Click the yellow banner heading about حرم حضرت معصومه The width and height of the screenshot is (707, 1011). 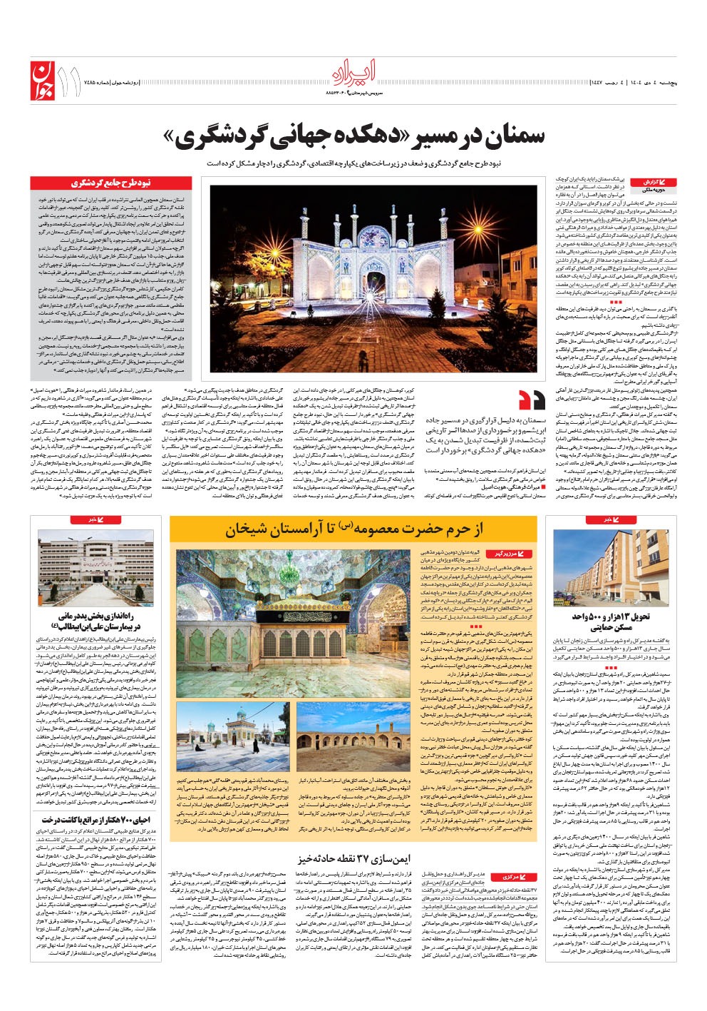(353, 528)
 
